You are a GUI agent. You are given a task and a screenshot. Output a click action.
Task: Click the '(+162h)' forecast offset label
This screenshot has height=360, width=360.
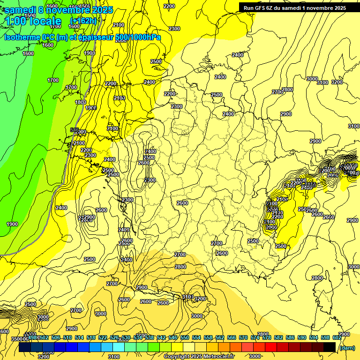pyautogui.click(x=83, y=21)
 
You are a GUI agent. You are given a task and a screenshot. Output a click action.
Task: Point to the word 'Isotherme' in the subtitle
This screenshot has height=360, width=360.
pyautogui.click(x=22, y=37)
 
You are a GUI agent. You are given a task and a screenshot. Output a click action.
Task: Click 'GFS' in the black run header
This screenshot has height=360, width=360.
pyautogui.click(x=266, y=8)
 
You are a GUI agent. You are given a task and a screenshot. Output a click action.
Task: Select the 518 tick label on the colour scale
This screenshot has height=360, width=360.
pyautogui.click(x=91, y=337)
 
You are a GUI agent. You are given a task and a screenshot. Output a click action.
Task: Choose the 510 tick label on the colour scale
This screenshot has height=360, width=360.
pyautogui.click(x=67, y=337)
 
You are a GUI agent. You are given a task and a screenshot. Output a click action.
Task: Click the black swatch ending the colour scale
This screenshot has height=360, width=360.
pyautogui.click(x=330, y=347)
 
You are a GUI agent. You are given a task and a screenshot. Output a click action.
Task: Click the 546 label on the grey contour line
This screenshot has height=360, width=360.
pyautogui.click(x=74, y=129)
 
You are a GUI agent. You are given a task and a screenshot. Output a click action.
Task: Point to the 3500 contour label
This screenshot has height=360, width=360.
pyautogui.click(x=17, y=338)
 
